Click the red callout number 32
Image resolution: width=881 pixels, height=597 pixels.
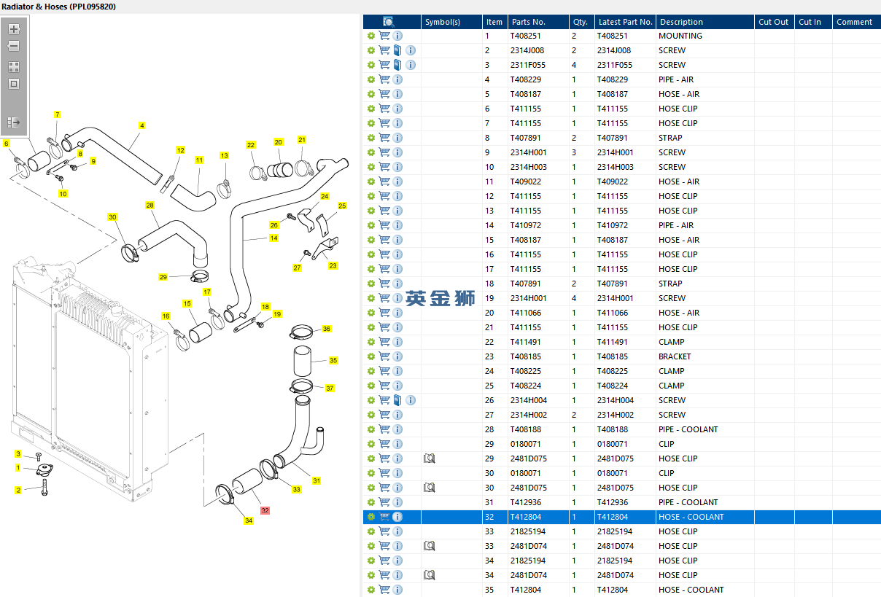pyautogui.click(x=265, y=511)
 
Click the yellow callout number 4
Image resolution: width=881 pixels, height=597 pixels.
pyautogui.click(x=141, y=126)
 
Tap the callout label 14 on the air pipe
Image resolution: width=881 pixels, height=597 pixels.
pyautogui.click(x=273, y=238)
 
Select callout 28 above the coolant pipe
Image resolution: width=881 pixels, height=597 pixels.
pyautogui.click(x=150, y=206)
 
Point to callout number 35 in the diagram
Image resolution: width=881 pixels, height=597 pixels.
pyautogui.click(x=333, y=361)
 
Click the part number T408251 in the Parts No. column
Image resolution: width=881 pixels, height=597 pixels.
pyautogui.click(x=526, y=36)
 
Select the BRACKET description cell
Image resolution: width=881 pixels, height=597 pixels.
pyautogui.click(x=675, y=356)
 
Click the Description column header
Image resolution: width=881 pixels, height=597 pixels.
pyautogui.click(x=681, y=22)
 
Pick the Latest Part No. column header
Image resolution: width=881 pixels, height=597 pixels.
pyautogui.click(x=624, y=22)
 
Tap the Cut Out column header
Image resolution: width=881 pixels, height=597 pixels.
pyautogui.click(x=773, y=22)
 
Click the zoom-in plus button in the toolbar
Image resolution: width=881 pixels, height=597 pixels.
pyautogui.click(x=14, y=30)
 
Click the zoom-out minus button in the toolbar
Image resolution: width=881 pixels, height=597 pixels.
pyautogui.click(x=14, y=46)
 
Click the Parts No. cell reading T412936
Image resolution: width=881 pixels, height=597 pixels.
pyautogui.click(x=526, y=502)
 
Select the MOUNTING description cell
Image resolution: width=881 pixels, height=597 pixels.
pyautogui.click(x=680, y=36)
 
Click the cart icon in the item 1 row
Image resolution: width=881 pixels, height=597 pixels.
pyautogui.click(x=384, y=36)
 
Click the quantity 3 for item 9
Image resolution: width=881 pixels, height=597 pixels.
pyautogui.click(x=574, y=152)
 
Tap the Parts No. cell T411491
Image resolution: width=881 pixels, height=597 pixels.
pyautogui.click(x=526, y=342)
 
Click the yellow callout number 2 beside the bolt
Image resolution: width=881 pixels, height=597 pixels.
pyautogui.click(x=18, y=491)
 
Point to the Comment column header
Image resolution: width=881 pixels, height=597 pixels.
pyautogui.click(x=854, y=22)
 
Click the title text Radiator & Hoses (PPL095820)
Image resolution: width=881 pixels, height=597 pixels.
pyautogui.click(x=58, y=7)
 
